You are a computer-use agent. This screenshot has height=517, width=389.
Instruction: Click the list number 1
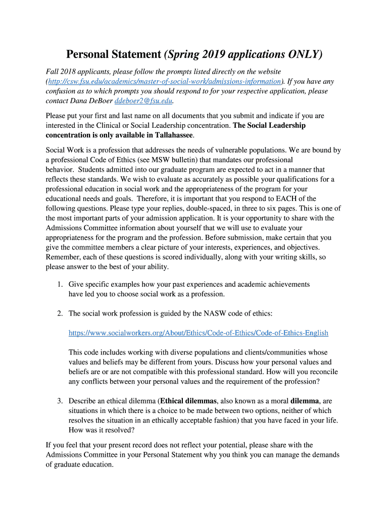pyautogui.click(x=59, y=284)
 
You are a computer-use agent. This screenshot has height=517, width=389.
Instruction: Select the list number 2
pyautogui.click(x=59, y=314)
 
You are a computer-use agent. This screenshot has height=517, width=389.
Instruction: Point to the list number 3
pyautogui.click(x=59, y=401)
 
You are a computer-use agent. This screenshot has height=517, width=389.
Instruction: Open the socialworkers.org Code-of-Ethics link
pyautogui.click(x=198, y=333)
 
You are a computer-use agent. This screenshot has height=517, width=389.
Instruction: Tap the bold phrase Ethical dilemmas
pyautogui.click(x=188, y=401)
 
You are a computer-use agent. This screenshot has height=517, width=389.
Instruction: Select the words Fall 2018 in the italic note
pyautogui.click(x=61, y=72)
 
